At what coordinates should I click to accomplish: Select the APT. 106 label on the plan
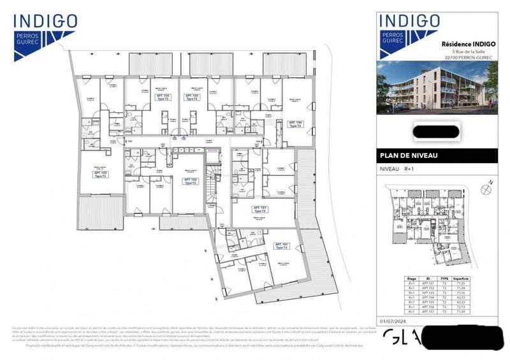pos(295,124)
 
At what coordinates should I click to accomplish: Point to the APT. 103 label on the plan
pos(101,174)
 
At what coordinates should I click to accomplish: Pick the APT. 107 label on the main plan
pos(259,209)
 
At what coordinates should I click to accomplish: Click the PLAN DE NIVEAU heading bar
pos(440,155)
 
